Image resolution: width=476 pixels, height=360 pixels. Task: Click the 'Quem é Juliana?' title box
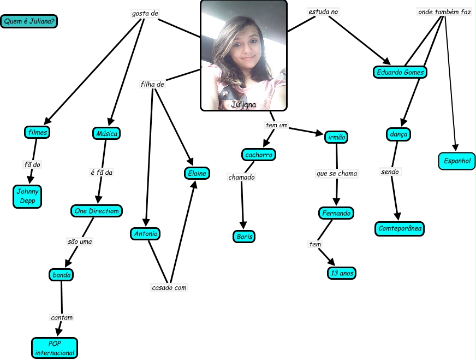pyautogui.click(x=30, y=22)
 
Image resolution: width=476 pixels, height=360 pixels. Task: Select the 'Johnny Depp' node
pyautogui.click(x=27, y=197)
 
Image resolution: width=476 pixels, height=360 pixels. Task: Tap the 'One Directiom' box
pyautogui.click(x=96, y=211)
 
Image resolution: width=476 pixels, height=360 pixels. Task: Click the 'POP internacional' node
pyautogui.click(x=55, y=348)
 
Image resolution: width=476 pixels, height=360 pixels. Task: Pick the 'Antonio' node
pyautogui.click(x=145, y=234)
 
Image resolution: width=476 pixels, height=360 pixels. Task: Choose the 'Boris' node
pyautogui.click(x=243, y=237)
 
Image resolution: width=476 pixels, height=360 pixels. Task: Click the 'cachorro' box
pyautogui.click(x=258, y=155)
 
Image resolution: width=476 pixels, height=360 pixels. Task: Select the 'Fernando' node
pyautogui.click(x=336, y=213)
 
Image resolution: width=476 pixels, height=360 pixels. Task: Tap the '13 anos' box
pyautogui.click(x=342, y=273)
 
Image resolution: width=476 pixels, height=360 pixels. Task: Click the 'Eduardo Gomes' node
pyautogui.click(x=400, y=72)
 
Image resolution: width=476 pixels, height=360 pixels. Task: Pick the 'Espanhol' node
pyautogui.click(x=457, y=161)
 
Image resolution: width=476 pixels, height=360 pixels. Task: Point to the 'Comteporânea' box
pyautogui.click(x=400, y=229)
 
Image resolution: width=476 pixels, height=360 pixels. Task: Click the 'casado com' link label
pyautogui.click(x=169, y=287)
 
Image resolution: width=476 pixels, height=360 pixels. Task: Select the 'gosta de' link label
pyautogui.click(x=145, y=13)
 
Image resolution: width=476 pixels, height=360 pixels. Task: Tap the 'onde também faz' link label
pyautogui.click(x=444, y=11)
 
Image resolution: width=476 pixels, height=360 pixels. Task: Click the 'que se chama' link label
pyautogui.click(x=336, y=174)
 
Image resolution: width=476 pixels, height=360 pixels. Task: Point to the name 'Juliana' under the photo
pyautogui.click(x=243, y=104)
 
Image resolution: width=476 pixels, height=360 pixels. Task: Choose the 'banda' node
pyautogui.click(x=61, y=275)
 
